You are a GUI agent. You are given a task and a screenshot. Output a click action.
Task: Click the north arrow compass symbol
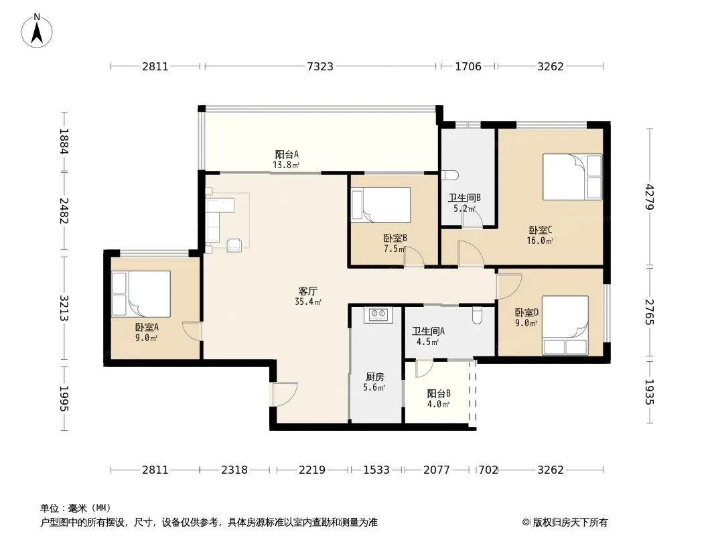click(37, 30)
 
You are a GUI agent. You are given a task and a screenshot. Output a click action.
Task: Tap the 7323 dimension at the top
click(320, 66)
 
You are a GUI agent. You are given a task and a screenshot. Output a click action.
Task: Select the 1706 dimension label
click(468, 66)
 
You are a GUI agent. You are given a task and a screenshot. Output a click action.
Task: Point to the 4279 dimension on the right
click(649, 197)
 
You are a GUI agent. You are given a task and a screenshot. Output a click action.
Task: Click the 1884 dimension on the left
click(64, 141)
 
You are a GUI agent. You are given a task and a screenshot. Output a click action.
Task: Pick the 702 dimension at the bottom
click(488, 470)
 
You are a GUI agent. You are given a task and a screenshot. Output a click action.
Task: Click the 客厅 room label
click(308, 291)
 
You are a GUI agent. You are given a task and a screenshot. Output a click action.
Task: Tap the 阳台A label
click(287, 154)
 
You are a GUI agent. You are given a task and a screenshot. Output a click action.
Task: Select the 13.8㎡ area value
click(287, 165)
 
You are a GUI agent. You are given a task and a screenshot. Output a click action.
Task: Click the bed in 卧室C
click(573, 177)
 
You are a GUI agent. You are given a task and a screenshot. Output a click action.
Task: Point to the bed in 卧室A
click(141, 293)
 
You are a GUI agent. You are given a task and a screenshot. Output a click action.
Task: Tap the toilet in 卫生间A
click(477, 316)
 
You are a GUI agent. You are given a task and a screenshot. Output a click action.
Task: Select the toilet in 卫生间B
click(450, 176)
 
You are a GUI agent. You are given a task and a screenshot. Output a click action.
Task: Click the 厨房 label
click(375, 377)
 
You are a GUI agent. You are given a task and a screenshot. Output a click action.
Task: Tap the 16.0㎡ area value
click(540, 241)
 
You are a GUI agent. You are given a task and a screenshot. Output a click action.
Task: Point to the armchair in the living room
click(234, 245)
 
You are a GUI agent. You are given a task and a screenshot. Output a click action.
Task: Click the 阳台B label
click(439, 393)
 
